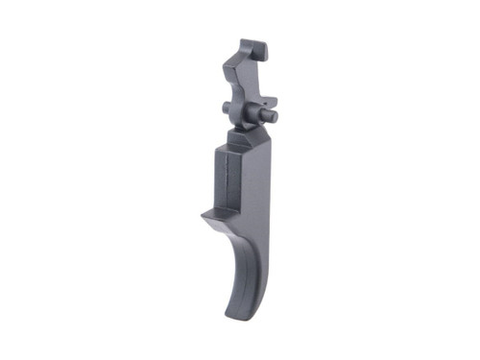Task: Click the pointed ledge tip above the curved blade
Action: click(203, 216)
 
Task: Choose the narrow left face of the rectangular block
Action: click(216, 182)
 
